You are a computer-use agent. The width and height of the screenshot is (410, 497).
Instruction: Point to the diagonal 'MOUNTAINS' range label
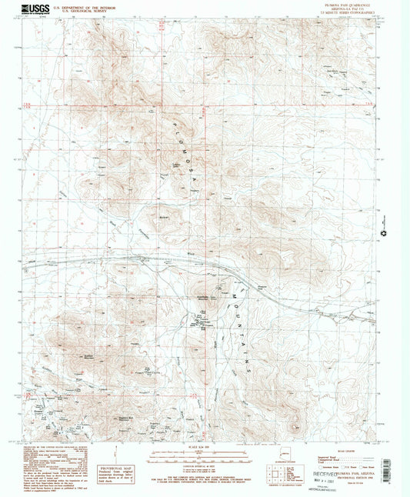click(x=246, y=331)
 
